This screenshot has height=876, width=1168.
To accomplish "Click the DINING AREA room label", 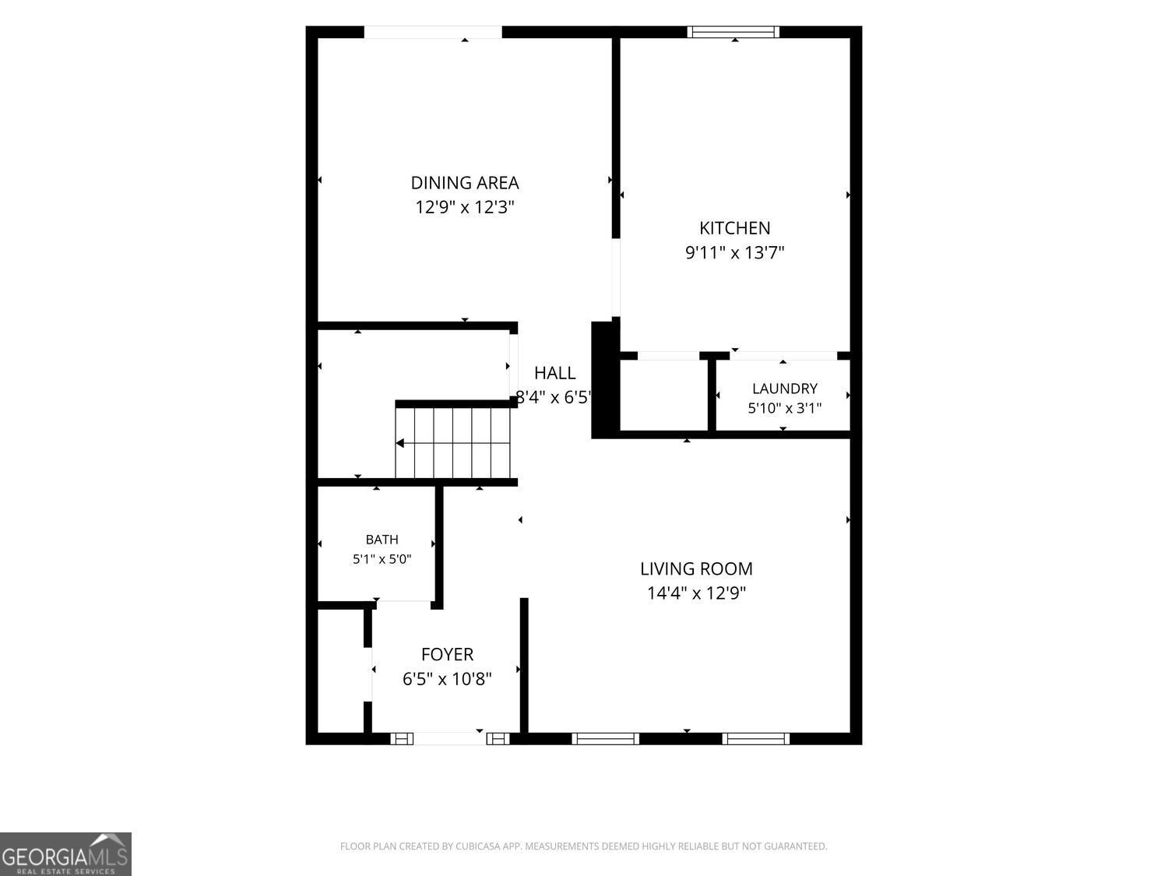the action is pyautogui.click(x=465, y=183).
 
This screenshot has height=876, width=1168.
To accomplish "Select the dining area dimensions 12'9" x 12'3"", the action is pyautogui.click(x=465, y=207).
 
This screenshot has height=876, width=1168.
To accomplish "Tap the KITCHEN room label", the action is pyautogui.click(x=734, y=228).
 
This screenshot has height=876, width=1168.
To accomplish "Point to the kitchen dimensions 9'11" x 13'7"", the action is pyautogui.click(x=734, y=252).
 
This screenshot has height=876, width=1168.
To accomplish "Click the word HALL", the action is pyautogui.click(x=554, y=373).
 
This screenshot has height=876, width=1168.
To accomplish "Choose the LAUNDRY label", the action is pyautogui.click(x=784, y=389).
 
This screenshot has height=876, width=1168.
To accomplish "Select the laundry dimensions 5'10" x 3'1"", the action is pyautogui.click(x=784, y=408).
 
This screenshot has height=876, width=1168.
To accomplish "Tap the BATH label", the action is pyautogui.click(x=382, y=540).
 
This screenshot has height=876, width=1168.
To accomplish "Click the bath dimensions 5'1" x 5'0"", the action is pyautogui.click(x=382, y=559).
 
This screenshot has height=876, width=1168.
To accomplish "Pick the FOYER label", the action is pyautogui.click(x=447, y=654).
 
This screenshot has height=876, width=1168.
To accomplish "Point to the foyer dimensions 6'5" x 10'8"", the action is pyautogui.click(x=447, y=679).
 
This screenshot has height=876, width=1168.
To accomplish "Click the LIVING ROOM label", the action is pyautogui.click(x=696, y=569).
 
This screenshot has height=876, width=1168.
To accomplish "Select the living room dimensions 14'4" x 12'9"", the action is pyautogui.click(x=696, y=593).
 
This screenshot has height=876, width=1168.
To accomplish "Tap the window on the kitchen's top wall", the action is pyautogui.click(x=734, y=32).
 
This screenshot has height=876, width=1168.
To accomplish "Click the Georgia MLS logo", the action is pyautogui.click(x=65, y=853).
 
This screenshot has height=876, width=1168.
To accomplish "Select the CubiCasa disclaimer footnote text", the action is pyautogui.click(x=583, y=846).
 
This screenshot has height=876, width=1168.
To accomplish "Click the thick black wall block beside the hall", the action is pyautogui.click(x=606, y=380).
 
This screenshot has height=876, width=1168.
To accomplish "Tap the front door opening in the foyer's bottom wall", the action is pyautogui.click(x=449, y=738).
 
